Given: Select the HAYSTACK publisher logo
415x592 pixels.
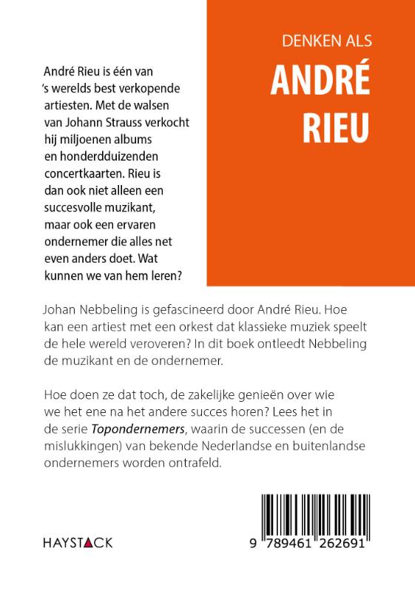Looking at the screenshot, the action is point(72,542).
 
